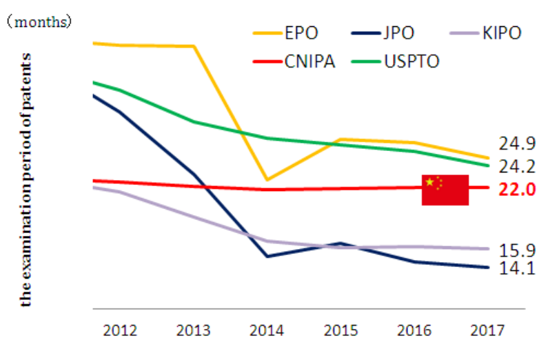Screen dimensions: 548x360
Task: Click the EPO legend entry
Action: (285, 33)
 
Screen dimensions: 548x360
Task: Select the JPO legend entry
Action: (383, 33)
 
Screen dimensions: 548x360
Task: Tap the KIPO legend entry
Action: (485, 33)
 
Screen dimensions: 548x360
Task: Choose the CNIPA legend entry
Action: (294, 61)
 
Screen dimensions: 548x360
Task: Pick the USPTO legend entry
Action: (395, 61)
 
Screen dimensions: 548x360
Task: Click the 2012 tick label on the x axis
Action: (120, 330)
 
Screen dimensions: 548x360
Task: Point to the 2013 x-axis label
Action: (193, 330)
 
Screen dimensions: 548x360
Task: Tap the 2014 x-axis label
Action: (267, 330)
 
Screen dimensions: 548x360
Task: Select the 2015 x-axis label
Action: (341, 330)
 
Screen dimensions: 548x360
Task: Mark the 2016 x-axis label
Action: (414, 330)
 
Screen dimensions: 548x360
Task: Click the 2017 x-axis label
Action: (487, 330)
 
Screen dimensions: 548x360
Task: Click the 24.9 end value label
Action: (517, 143)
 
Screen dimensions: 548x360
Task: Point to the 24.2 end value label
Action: (517, 166)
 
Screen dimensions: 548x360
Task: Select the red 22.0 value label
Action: (517, 190)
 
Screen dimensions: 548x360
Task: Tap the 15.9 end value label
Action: (517, 250)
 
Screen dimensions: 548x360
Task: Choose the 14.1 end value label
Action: (517, 268)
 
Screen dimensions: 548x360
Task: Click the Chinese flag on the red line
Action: (445, 190)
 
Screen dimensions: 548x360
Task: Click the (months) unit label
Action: (39, 22)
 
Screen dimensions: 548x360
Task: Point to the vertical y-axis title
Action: (26, 180)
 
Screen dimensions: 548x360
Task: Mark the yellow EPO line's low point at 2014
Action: (267, 180)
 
